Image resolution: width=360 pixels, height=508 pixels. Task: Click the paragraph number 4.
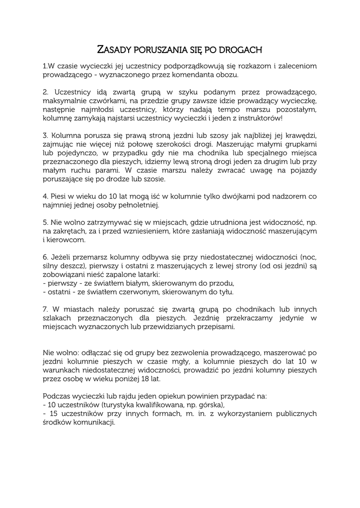tap(45, 196)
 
